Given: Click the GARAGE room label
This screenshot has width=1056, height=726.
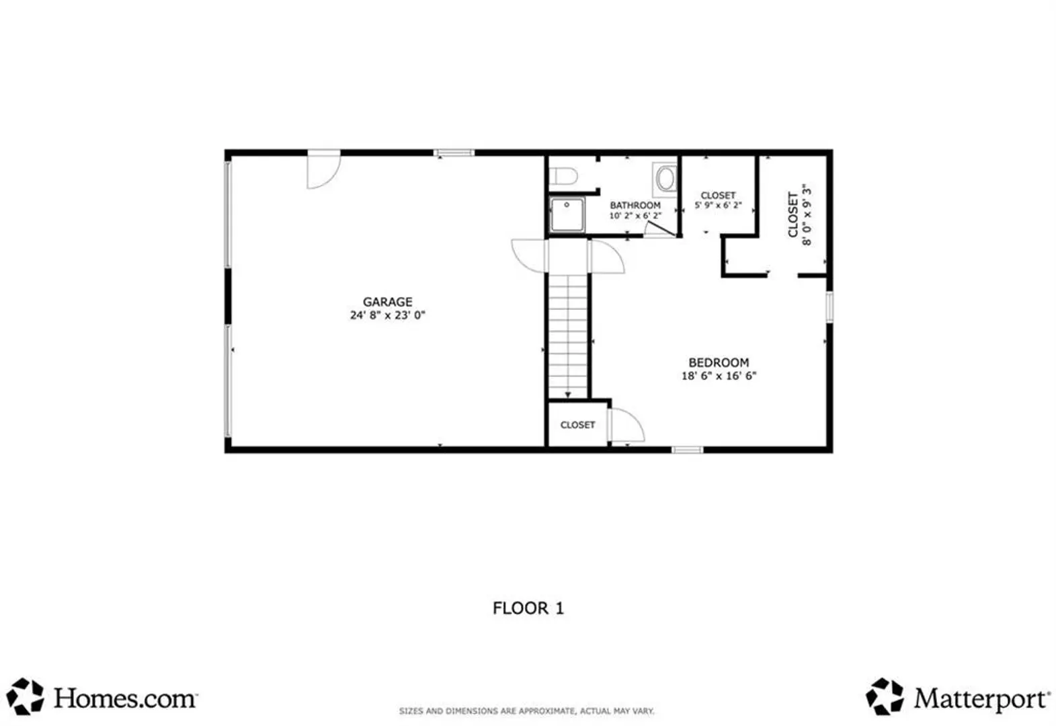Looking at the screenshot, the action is coord(388,302).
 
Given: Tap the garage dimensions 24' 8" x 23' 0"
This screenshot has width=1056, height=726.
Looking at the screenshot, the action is coord(388,315).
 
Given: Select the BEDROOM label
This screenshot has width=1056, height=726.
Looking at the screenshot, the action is coord(719,362).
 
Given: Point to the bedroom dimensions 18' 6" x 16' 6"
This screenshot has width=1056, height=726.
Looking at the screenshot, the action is coord(719,376).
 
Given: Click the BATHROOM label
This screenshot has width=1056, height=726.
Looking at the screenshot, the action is coord(635,206).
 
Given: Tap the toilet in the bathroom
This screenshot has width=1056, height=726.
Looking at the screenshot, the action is coord(564,176).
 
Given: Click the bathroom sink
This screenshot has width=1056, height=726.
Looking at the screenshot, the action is coord(665,179).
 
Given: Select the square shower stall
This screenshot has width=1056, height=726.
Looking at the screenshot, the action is coord(567,215).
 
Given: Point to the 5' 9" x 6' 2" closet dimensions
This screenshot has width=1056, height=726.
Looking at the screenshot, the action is coord(718,206).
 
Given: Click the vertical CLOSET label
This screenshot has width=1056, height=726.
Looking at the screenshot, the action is coord(793,214).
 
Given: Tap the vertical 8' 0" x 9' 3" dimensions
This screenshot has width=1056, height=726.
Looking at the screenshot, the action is coord(807,214).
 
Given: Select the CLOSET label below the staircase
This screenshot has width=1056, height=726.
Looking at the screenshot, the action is coord(577,425).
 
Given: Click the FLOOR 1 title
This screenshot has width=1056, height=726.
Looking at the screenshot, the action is coord(528,608).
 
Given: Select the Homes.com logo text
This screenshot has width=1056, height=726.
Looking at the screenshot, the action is coord(126,698).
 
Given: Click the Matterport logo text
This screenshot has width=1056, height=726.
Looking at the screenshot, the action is coord(983,698).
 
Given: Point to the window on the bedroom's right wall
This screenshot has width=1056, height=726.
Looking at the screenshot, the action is coord(829,307).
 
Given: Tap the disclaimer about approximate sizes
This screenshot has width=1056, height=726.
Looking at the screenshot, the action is coord(526,711).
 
